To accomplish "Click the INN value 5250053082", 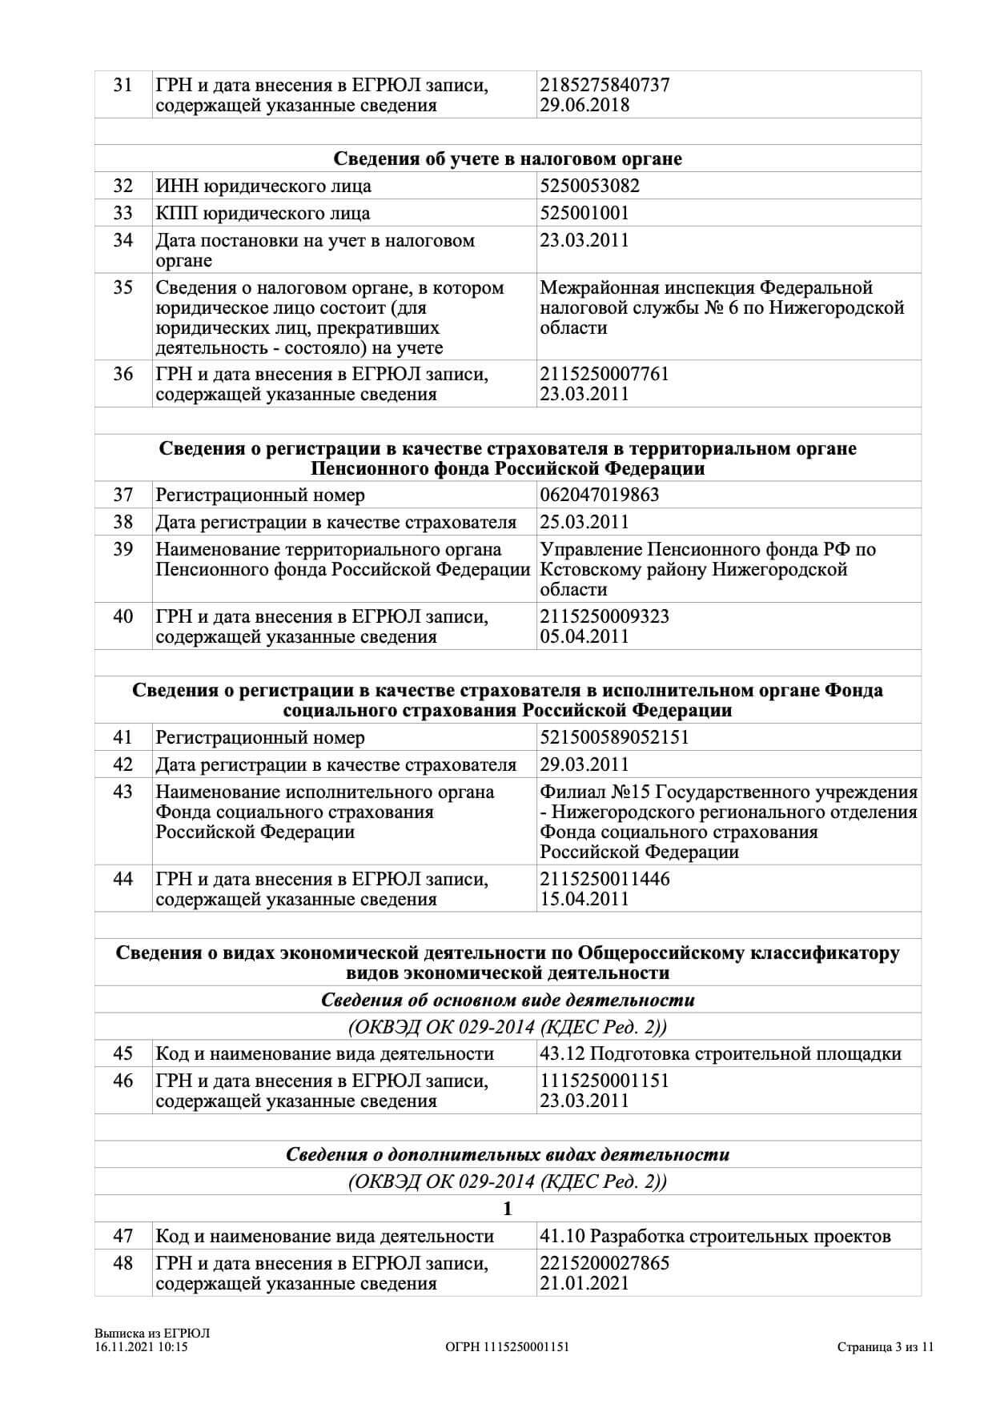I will click(x=589, y=187).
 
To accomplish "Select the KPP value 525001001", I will click(x=584, y=214).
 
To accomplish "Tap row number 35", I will click(x=122, y=288).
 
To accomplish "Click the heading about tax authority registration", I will click(x=508, y=158).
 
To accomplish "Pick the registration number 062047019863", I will click(x=600, y=495).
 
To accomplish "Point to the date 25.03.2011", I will click(x=584, y=523).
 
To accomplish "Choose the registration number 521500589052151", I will click(x=615, y=738).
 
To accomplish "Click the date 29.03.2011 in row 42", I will click(x=584, y=765).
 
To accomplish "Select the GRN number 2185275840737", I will click(x=604, y=85).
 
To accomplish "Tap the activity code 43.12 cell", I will click(x=721, y=1054).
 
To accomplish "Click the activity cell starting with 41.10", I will click(x=715, y=1237).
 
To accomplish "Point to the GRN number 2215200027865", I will click(x=604, y=1264).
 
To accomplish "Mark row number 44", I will click(x=122, y=880).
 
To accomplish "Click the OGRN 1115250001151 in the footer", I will click(x=507, y=1347).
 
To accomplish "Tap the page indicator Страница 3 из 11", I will click(x=886, y=1347).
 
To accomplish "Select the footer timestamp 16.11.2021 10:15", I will click(x=141, y=1347).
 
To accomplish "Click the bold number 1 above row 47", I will click(x=508, y=1209).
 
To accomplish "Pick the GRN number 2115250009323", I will click(x=604, y=617).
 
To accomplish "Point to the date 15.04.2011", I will click(x=584, y=900).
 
